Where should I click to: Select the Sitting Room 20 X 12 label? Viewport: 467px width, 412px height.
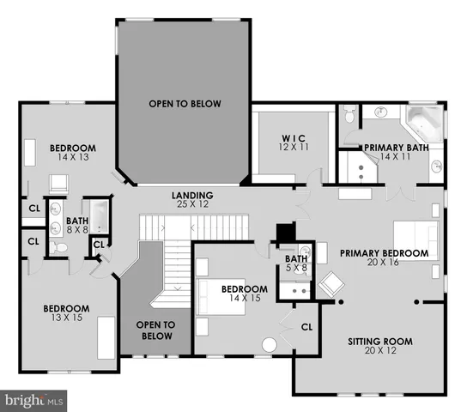[x=379, y=347]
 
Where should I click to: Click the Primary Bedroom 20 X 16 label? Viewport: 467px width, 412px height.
[x=383, y=258]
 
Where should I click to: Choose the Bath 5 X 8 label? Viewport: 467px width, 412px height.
[x=296, y=263]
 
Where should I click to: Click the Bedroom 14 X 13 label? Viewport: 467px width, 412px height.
[x=72, y=153]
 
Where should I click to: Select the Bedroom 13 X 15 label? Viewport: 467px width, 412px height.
[x=67, y=313]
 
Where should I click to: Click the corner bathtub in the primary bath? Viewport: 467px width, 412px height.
[x=424, y=124]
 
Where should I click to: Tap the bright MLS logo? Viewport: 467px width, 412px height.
[x=34, y=400]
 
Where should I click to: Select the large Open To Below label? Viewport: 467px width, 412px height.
[x=185, y=104]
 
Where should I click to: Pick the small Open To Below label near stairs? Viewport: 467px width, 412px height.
[x=156, y=330]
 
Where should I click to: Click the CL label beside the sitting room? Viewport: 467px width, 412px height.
[x=307, y=327]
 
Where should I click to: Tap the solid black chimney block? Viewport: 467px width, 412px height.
[x=285, y=233]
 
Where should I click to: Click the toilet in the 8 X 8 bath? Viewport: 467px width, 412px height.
[x=58, y=246]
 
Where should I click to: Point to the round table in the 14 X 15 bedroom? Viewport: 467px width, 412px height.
[x=269, y=345]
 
